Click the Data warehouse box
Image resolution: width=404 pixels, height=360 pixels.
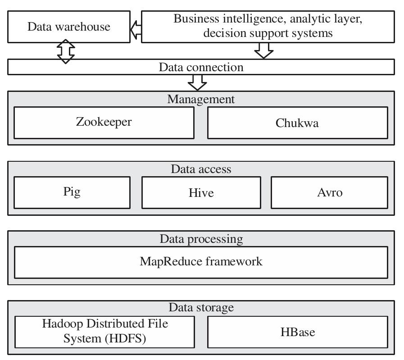69,27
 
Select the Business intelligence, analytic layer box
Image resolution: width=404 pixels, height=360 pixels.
268,27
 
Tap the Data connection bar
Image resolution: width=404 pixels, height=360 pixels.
201,67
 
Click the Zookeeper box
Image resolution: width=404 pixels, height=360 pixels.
104,122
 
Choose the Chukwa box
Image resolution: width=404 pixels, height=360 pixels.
297,123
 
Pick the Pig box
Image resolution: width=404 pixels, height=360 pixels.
72,192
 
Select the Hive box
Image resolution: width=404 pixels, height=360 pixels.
201,192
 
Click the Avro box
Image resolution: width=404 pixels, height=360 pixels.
329,192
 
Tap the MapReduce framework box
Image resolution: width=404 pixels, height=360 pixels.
201,262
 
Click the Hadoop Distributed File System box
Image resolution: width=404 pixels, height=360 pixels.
104,332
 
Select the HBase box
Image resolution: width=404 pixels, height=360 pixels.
297,332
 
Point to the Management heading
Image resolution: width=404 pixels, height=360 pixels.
201,99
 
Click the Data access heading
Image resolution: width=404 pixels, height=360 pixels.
201,169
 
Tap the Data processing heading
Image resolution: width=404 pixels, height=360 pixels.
201,239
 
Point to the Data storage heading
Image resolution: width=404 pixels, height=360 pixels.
201,308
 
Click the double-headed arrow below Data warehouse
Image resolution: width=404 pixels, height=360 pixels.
66,51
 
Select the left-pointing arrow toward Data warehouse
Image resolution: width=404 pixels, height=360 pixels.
136,29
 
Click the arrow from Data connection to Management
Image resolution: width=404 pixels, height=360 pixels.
197,82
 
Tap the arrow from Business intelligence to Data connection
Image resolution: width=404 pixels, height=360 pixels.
264,50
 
